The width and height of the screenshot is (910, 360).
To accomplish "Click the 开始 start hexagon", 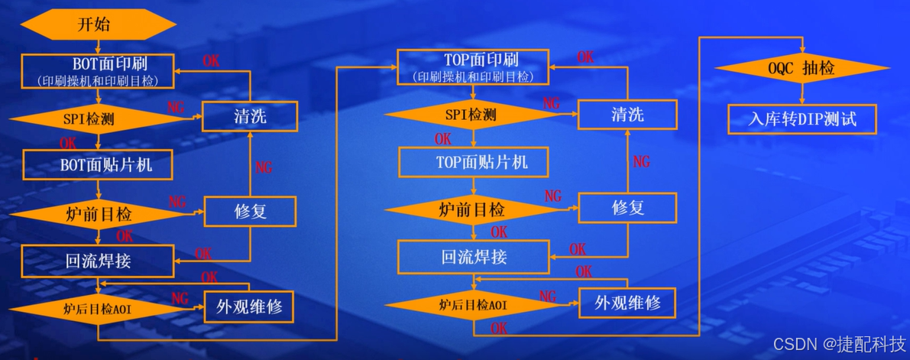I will tap(94, 24).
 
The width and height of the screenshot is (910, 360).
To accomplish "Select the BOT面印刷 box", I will tap(97, 70).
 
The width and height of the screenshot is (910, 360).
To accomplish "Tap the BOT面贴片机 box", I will tap(97, 164).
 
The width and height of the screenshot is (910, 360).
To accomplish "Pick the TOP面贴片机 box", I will tap(474, 162).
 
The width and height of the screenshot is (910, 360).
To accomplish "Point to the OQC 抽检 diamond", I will tap(801, 69).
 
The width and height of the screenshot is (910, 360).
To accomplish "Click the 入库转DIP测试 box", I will tap(802, 118).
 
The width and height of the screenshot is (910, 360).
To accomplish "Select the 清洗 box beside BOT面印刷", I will tap(249, 117).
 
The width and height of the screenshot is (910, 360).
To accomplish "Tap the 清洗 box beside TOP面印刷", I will tap(627, 115).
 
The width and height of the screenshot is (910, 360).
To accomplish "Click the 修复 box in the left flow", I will tap(250, 211).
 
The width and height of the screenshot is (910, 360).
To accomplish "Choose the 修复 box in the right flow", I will tap(627, 208).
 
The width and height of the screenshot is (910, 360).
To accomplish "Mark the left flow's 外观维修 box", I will tap(249, 307).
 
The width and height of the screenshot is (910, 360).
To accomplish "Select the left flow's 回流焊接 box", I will tap(97, 260).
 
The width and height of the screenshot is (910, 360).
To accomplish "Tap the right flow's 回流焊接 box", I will tap(474, 257).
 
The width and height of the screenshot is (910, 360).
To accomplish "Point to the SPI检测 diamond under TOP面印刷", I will tap(471, 115).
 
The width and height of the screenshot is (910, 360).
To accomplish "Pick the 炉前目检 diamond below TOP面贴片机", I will tap(471, 209).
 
